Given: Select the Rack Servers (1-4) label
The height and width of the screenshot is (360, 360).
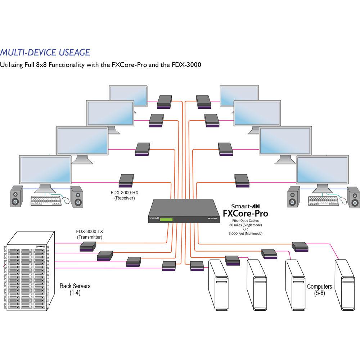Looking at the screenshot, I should tap(75, 289).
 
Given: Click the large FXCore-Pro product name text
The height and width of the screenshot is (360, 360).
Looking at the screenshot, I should tap(246, 213).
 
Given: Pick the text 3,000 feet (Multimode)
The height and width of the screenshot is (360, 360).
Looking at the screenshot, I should tap(246, 233).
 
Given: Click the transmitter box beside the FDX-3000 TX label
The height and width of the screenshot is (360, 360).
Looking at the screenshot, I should tap(87, 247).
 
